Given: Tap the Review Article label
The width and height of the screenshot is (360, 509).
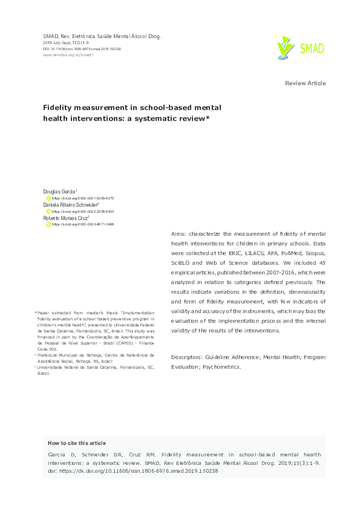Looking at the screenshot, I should point(305,83).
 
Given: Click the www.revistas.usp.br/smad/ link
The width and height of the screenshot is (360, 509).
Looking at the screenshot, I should point(68,54).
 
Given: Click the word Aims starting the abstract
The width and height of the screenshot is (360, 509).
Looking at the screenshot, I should point(180,233).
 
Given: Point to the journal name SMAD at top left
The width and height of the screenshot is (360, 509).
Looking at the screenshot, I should point(51,37).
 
